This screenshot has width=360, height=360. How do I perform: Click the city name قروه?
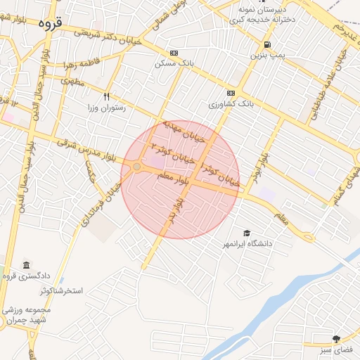click(x=50, y=23)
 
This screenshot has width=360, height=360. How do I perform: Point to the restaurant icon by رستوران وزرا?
click(x=106, y=96)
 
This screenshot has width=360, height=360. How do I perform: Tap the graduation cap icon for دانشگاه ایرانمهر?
click(x=247, y=233)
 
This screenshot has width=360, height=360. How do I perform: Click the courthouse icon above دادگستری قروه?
click(x=26, y=265)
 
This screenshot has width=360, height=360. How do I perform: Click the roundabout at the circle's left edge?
click(x=136, y=167)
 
